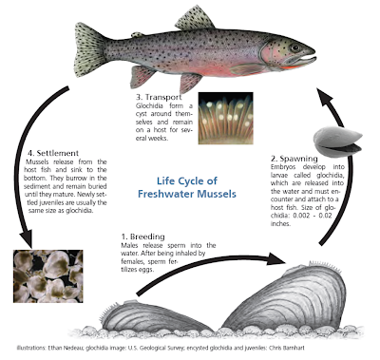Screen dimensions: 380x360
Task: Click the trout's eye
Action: (295, 48)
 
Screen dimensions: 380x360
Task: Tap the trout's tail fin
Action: (88, 49)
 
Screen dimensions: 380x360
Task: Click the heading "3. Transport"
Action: (159, 97)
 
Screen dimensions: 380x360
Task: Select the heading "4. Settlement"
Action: (53, 153)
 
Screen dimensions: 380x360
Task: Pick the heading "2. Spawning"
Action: (294, 159)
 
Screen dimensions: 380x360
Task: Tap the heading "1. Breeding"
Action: (142, 237)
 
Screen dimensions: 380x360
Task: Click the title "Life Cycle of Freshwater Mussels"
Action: (187, 187)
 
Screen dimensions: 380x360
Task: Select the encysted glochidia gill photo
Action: (225, 118)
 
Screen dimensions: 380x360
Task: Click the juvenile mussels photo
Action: (47, 276)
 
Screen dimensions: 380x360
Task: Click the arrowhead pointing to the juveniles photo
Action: (27, 239)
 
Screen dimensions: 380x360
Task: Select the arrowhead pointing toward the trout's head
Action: (326, 98)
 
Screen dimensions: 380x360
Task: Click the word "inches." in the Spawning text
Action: (280, 224)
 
